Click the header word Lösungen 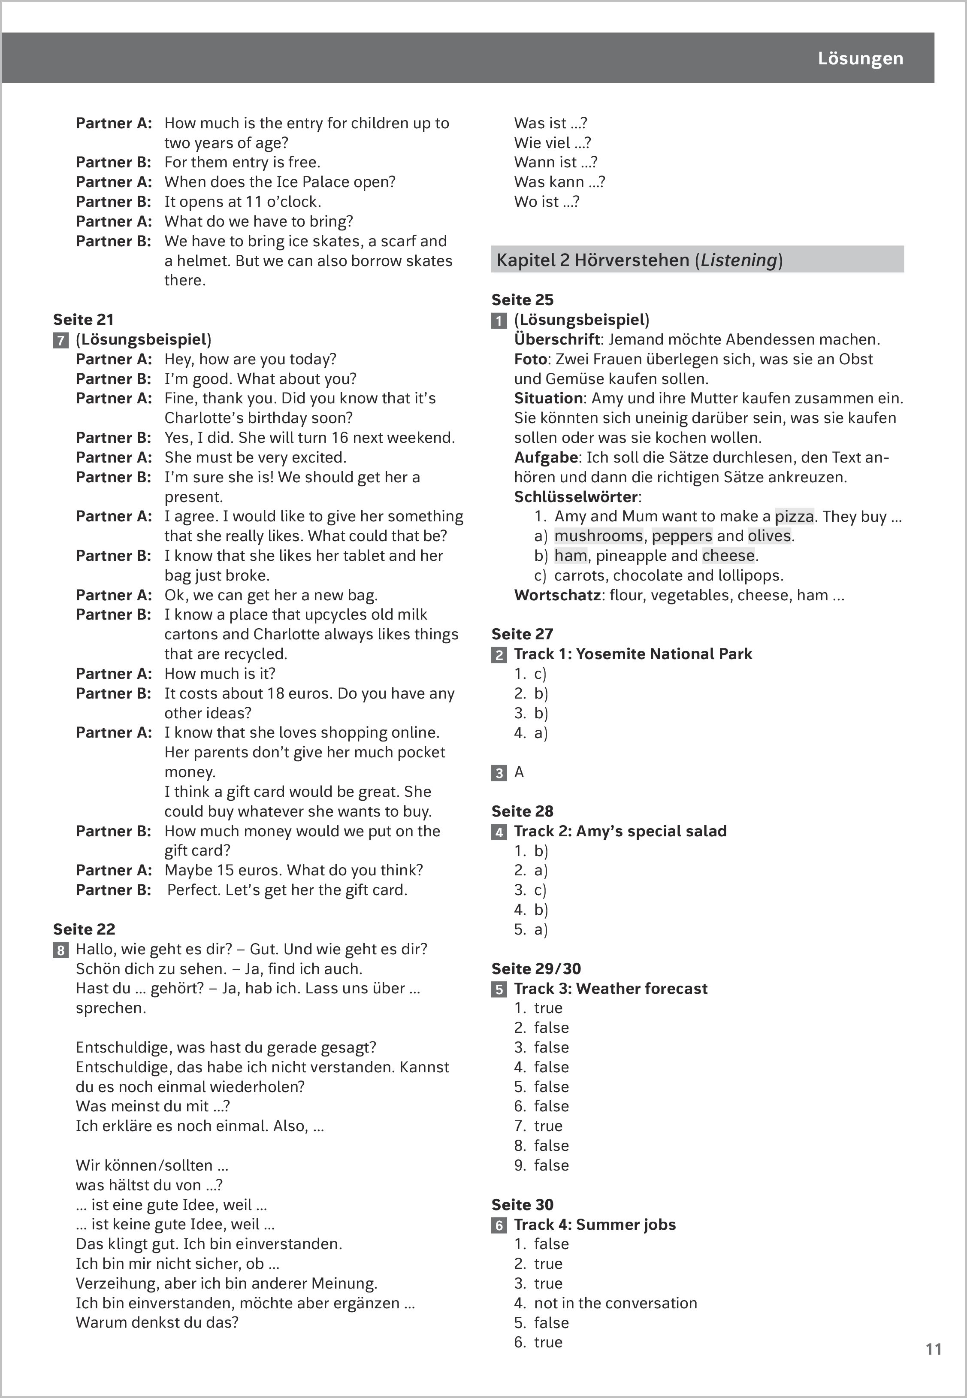click(860, 59)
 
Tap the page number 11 click(933, 1349)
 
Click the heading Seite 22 click(84, 929)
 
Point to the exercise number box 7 click(60, 340)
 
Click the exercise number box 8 click(60, 950)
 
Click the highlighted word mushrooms click(598, 536)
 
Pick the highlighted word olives click(769, 536)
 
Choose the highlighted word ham click(570, 556)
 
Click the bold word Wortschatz click(557, 595)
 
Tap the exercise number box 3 click(499, 773)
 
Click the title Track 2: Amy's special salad click(620, 831)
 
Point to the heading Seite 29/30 click(535, 968)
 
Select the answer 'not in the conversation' click(615, 1303)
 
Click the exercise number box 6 click(499, 1226)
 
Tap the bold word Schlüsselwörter click(576, 497)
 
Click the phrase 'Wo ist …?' click(547, 202)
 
